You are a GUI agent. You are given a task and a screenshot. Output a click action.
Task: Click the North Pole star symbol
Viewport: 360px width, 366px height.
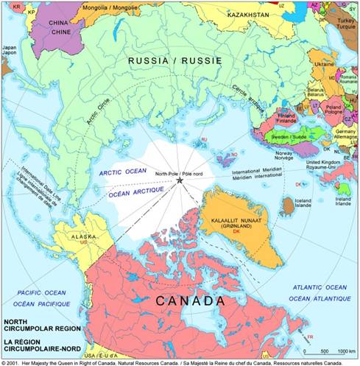179,180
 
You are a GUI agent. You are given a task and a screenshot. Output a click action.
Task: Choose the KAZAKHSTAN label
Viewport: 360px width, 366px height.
251,14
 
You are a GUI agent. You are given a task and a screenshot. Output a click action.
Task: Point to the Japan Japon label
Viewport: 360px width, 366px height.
8,51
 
